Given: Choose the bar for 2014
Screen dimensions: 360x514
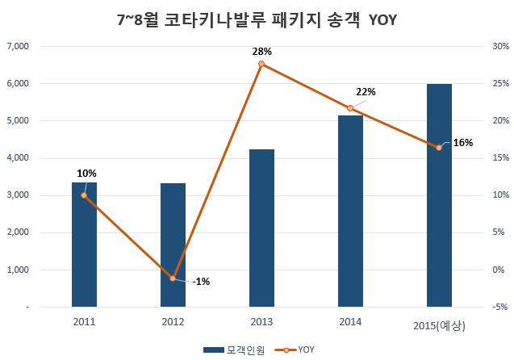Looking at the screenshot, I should pos(350,211).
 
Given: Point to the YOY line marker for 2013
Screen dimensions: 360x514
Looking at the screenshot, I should pos(261,64).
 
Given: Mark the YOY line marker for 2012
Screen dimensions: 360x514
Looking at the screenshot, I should pos(173,278).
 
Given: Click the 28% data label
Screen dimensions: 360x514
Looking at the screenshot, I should pos(261,52).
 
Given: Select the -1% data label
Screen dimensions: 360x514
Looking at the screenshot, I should pos(201,282).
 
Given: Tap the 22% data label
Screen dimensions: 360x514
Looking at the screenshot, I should pos(366,92).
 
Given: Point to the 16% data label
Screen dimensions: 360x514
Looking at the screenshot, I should pos(463,143).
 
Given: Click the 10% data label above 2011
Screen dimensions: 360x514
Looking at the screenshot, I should pos(86,174).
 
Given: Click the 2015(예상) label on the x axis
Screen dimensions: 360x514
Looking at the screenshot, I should pos(439,325).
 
